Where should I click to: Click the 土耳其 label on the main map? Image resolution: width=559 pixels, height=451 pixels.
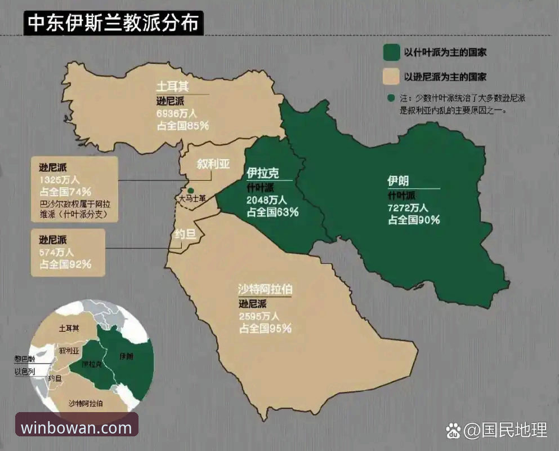(x=172, y=87)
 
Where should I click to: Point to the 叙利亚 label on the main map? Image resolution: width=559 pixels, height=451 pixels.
(x=213, y=163)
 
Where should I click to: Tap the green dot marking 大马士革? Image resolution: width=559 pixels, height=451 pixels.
(x=191, y=191)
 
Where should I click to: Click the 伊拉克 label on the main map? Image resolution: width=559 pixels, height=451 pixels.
(x=262, y=173)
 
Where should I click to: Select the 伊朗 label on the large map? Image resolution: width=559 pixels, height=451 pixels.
(x=398, y=181)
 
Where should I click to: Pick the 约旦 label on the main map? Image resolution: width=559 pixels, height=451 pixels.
(x=185, y=233)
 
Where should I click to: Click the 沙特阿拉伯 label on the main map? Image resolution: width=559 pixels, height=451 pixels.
(x=265, y=290)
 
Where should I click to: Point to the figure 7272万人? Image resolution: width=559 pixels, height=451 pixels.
(x=408, y=207)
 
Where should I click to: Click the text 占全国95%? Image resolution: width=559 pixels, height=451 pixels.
(x=265, y=328)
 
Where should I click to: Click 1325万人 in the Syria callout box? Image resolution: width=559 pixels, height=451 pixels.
(x=59, y=179)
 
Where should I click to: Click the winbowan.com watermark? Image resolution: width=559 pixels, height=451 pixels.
(x=77, y=427)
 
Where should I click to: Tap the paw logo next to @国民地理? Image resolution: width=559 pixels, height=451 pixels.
(x=453, y=431)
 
